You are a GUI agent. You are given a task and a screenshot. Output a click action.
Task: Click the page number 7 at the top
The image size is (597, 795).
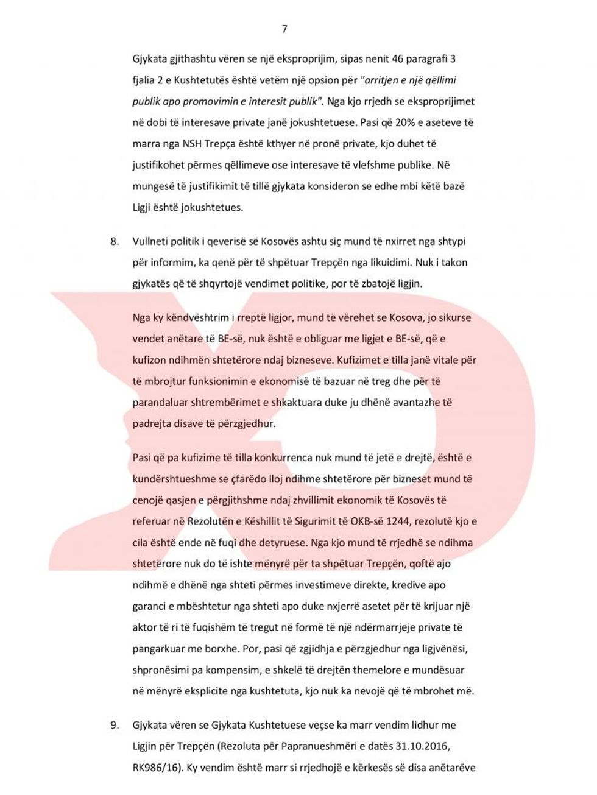tap(284, 29)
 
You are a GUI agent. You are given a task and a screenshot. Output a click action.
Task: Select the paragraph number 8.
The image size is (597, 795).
tap(114, 241)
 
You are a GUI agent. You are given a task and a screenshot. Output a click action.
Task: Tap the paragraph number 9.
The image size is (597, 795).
tap(114, 725)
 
